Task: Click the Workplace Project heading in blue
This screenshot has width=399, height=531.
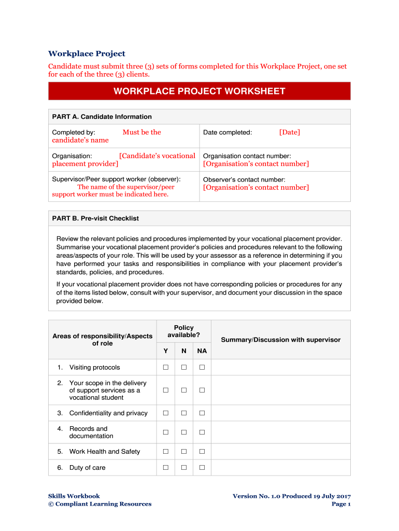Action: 87,54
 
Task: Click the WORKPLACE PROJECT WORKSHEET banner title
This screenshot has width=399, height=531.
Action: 199,91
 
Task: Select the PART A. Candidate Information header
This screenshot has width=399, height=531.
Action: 102,117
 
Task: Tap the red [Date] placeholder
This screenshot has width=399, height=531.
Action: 289,132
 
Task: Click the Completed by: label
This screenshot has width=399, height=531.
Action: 74,132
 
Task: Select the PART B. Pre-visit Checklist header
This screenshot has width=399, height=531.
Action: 95,218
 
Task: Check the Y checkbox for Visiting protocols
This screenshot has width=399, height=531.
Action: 166,368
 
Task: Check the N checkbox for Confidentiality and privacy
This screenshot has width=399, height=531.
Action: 184,413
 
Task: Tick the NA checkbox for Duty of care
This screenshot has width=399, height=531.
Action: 202,468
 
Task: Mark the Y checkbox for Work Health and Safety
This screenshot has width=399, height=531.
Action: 166,452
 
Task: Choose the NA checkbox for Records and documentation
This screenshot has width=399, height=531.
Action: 202,432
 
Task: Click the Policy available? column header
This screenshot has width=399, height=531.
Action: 184,331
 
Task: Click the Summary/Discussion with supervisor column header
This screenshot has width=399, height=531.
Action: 281,340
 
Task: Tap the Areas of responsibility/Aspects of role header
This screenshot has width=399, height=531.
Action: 103,340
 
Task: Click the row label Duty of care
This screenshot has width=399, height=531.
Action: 87,468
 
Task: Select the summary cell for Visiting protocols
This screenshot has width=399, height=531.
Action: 281,368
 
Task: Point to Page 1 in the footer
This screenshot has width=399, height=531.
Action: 341,504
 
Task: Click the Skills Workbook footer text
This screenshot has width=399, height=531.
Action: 74,496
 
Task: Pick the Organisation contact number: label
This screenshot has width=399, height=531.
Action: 247,156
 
